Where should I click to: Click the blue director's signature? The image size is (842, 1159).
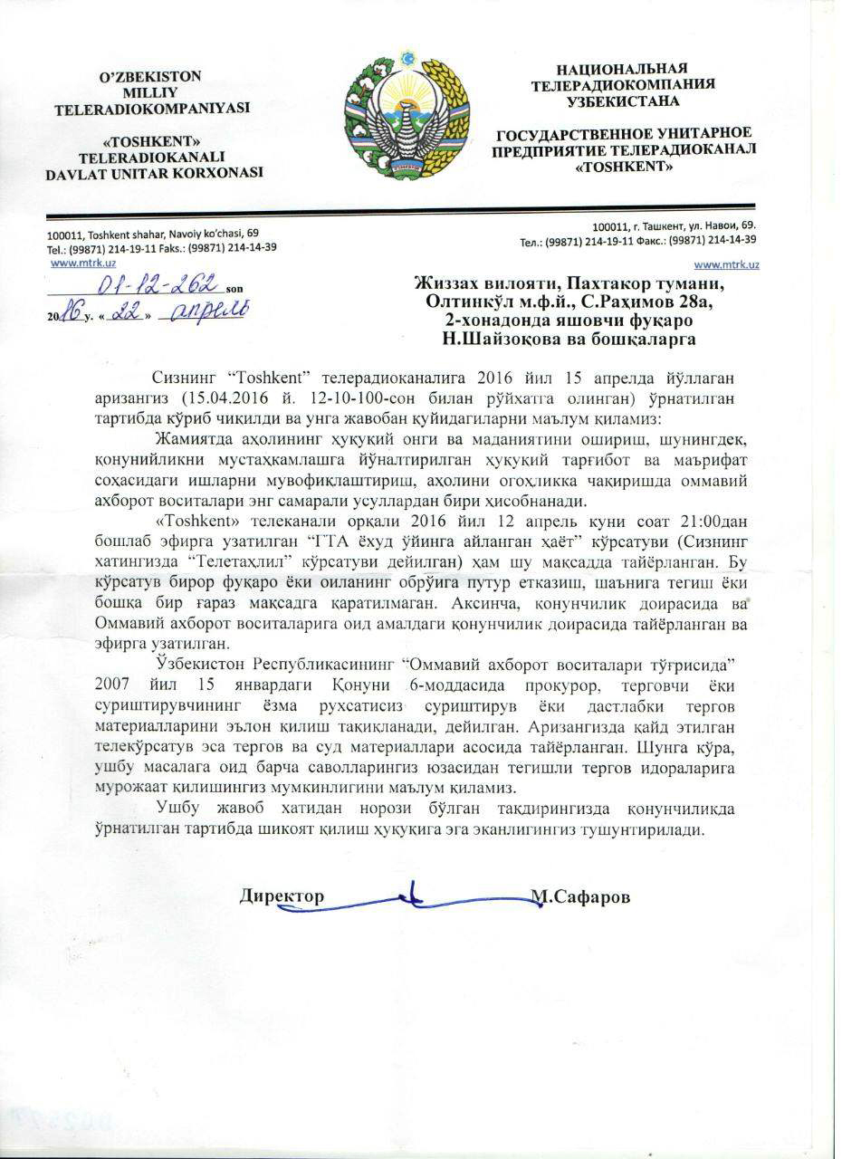pos(412,896)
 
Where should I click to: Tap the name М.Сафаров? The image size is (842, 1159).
pos(579,896)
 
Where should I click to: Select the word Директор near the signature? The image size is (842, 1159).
pos(282,896)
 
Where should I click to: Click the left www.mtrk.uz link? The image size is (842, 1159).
pos(77,263)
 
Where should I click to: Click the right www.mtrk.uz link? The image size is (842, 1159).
pos(726,263)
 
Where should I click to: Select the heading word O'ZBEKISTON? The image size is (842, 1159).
pos(153,77)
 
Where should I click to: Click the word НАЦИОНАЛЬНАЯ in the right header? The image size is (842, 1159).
pos(622,69)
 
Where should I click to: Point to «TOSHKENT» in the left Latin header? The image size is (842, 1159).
pos(152,141)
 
